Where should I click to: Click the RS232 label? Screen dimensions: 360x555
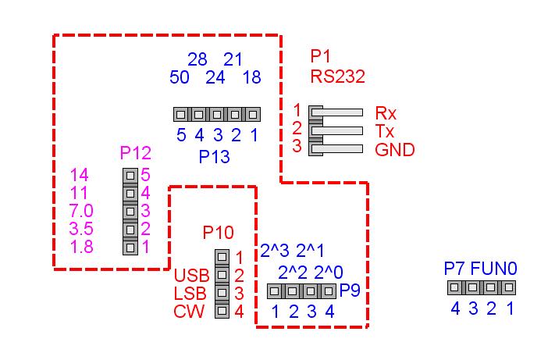point(337,77)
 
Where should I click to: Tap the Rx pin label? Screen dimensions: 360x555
point(386,112)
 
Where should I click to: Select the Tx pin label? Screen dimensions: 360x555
point(384,130)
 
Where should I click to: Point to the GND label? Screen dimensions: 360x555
point(394,149)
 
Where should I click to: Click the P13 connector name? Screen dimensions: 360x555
point(214,156)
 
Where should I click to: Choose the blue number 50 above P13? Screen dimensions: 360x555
point(180,77)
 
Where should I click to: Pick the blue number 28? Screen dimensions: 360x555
point(198,59)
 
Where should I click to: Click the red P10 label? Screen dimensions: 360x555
point(218,232)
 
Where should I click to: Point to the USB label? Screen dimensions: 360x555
point(191,275)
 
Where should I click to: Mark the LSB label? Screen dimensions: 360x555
point(191,294)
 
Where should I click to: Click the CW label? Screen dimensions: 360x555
point(190,312)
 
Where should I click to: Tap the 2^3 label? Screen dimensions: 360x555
point(275,251)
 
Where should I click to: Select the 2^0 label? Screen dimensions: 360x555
point(328,273)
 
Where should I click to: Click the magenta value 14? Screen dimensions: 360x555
point(80,175)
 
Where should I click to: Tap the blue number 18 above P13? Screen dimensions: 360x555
point(251,77)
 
